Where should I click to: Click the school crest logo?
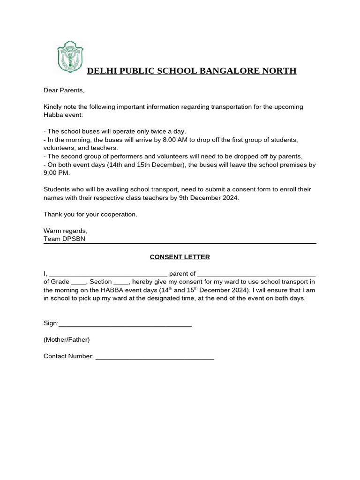69,57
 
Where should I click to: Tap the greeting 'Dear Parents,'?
63,90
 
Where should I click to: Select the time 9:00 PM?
56,172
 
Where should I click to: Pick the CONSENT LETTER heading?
180,257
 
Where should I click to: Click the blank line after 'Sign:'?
125,323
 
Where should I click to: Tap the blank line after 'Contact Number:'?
154,356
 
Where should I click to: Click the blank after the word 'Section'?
121,282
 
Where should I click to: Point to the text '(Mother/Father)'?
66,339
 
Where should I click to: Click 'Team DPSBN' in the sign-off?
64,239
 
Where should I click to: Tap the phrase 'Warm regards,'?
65,231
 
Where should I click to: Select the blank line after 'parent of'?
256,274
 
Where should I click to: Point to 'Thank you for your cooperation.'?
90,214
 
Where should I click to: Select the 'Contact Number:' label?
68,356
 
